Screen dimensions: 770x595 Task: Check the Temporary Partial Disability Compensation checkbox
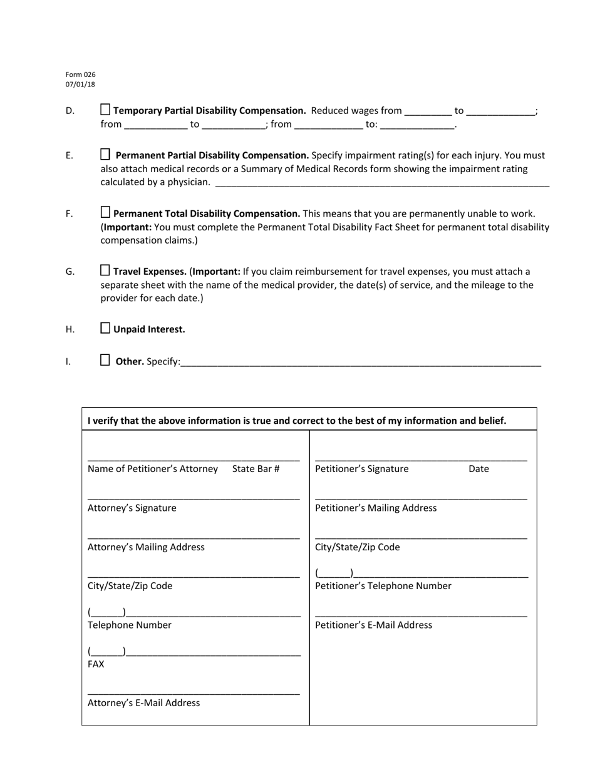(x=105, y=110)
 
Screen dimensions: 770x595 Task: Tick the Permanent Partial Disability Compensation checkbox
(x=105, y=154)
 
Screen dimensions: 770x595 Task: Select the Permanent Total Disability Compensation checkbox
(x=105, y=212)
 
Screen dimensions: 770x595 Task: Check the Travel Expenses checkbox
(x=105, y=270)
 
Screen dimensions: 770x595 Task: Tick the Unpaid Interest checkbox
(x=105, y=328)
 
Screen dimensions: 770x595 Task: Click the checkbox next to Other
(x=105, y=360)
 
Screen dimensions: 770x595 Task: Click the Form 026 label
(x=80, y=74)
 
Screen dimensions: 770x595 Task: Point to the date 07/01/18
(x=80, y=85)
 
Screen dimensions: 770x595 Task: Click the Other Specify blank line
(x=360, y=362)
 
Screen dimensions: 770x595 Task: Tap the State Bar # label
(x=256, y=469)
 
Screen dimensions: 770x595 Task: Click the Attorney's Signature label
(x=132, y=508)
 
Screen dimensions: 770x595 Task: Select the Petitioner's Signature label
(x=361, y=469)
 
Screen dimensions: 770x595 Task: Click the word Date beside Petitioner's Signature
(x=479, y=469)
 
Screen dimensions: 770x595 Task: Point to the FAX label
(x=96, y=664)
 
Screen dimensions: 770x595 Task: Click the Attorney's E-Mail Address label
(x=143, y=703)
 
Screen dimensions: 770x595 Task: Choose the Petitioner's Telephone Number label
(x=383, y=586)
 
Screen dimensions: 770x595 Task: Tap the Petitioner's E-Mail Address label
(x=373, y=625)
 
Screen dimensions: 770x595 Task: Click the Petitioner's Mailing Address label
(x=376, y=508)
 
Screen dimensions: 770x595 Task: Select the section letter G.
(x=70, y=272)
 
